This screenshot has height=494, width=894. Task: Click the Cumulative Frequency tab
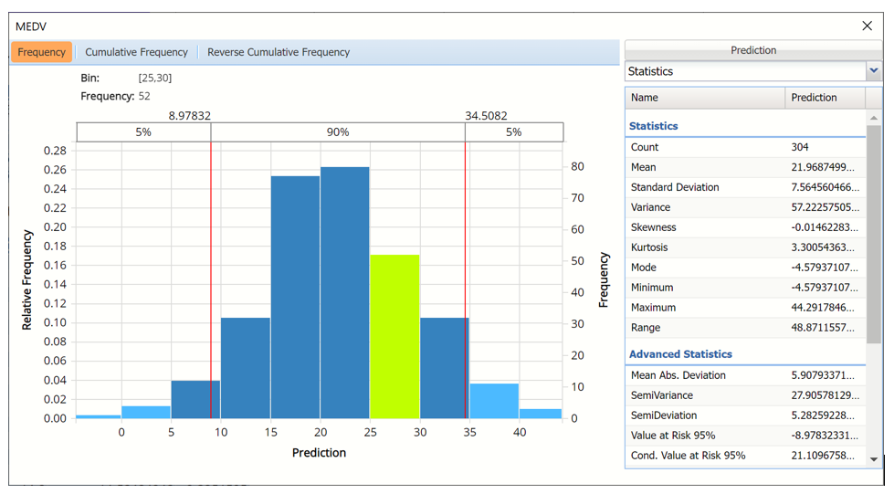point(136,52)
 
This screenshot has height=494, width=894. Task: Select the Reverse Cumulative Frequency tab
point(279,52)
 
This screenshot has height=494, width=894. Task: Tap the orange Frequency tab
point(41,52)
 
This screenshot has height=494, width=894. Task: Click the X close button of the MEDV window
point(867,26)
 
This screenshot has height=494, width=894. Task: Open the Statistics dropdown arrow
point(874,71)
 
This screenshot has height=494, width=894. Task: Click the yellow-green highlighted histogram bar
point(394,336)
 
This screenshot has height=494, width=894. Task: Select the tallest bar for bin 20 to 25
point(344,292)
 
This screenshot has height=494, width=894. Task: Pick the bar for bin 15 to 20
point(295,297)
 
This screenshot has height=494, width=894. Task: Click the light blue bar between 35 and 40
point(494,400)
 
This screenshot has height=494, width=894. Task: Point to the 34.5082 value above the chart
point(486,116)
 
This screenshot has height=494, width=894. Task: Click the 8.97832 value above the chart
point(189,116)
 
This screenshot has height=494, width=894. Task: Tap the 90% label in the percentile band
point(338,132)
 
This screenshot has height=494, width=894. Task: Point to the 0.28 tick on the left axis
point(55,151)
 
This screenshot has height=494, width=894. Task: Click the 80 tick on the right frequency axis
point(578,167)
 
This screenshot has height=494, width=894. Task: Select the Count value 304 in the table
point(800,147)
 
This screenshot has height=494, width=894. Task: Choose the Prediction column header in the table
point(814,98)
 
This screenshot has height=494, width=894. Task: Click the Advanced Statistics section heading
point(680,354)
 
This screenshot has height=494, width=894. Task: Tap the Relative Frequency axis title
point(27,279)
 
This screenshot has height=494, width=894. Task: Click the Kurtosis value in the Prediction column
point(822,247)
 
